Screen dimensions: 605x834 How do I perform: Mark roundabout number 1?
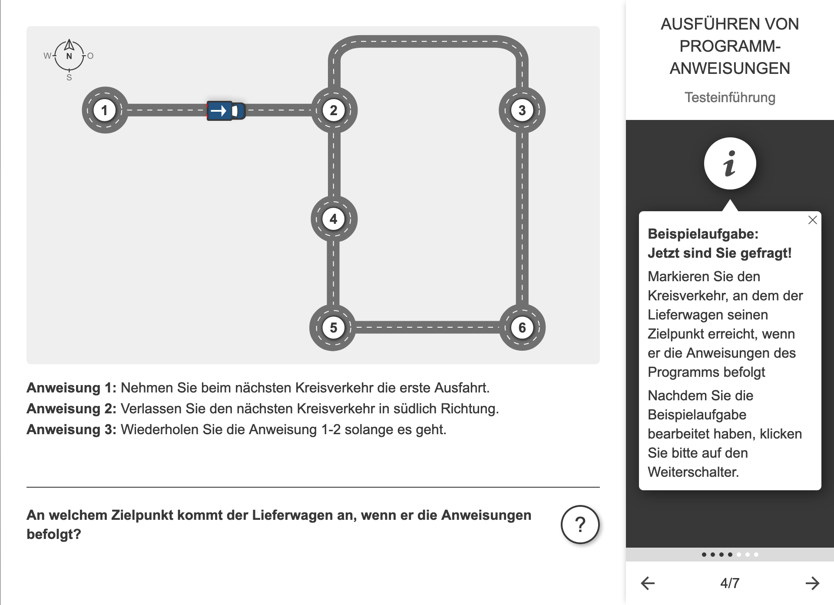pos(104,110)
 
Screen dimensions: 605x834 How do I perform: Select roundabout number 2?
pos(334,110)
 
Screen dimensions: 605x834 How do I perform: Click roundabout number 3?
pos(522,110)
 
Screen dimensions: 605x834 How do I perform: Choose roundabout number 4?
pos(334,219)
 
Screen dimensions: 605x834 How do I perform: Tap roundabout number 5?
pos(333,328)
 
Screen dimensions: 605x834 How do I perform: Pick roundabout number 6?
pos(522,328)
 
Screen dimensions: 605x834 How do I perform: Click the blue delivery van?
pos(225,111)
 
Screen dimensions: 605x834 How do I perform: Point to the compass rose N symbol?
pos(69,56)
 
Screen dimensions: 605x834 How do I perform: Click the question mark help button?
pos(580,525)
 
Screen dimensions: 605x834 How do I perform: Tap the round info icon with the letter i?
pos(730,164)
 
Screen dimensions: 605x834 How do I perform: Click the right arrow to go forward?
pos(812,583)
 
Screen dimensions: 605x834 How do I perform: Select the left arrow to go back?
pos(648,583)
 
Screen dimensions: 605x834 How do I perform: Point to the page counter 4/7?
pos(730,583)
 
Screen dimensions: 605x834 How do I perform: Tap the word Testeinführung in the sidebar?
pos(730,97)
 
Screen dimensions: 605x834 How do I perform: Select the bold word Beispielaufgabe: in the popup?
pos(703,234)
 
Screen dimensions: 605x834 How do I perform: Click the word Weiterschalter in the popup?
pos(693,472)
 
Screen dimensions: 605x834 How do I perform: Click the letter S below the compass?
pos(69,78)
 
